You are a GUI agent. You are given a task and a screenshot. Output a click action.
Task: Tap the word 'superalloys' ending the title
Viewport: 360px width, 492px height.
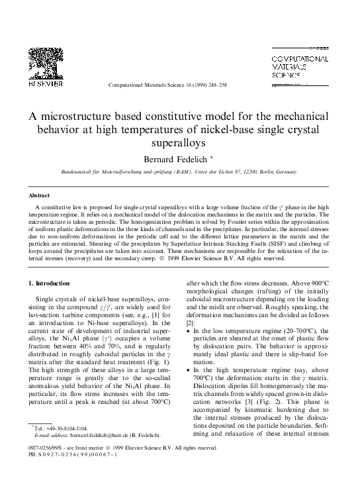pos(179,141)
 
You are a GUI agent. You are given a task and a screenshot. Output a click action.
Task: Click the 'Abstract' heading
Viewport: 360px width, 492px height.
pos(39,197)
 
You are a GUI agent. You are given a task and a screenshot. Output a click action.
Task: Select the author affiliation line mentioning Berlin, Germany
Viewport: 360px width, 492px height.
pos(179,172)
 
